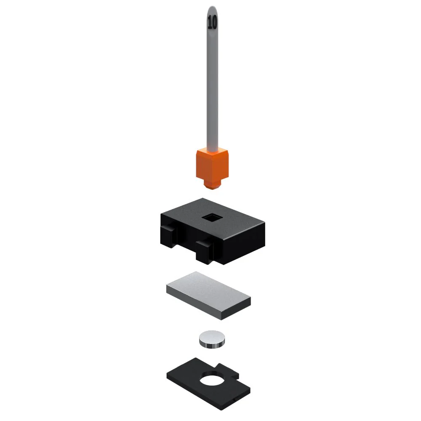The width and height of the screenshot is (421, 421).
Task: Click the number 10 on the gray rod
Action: pyautogui.click(x=212, y=22)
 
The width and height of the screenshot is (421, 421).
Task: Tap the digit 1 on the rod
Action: pyautogui.click(x=209, y=22)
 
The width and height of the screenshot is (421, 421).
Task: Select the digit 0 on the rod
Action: pyautogui.click(x=214, y=22)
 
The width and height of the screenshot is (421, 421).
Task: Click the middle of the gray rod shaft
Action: pyautogui.click(x=212, y=80)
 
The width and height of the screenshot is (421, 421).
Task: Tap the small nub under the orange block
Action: pyautogui.click(x=212, y=184)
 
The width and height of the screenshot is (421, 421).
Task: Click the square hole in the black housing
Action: pyautogui.click(x=212, y=218)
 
